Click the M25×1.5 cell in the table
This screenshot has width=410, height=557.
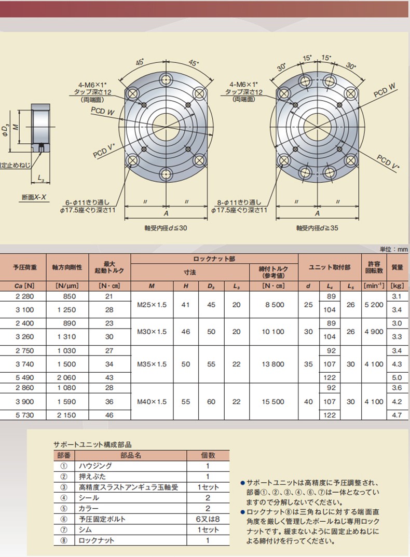152,305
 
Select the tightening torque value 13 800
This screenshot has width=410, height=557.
273,364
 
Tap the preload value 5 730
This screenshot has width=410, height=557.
24,415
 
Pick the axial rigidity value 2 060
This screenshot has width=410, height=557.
66,377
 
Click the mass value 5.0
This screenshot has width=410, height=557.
397,377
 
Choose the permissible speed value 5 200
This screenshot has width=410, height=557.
374,305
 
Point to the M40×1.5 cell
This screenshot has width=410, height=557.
152,402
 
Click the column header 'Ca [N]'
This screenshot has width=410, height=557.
24,286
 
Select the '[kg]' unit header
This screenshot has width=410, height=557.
397,286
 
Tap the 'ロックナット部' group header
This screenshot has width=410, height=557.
214,259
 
